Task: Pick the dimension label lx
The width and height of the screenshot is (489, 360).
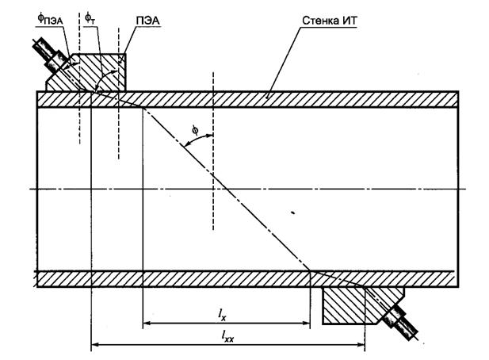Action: tap(223, 315)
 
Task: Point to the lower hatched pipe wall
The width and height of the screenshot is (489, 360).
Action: tap(198, 278)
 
